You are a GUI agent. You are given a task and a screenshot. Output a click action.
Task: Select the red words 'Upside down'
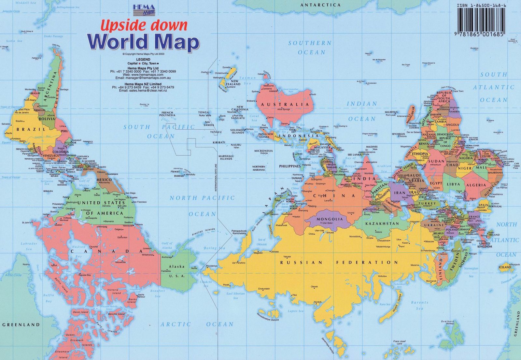(x=144, y=25)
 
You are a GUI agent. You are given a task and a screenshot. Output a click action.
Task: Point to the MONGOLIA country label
(x=330, y=219)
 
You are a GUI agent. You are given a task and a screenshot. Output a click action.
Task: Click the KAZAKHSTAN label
(x=382, y=224)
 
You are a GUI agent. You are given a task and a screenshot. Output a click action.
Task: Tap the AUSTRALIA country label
(x=284, y=105)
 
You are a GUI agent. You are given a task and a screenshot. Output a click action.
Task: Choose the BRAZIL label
(x=31, y=129)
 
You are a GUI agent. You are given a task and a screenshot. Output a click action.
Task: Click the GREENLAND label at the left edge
(x=21, y=325)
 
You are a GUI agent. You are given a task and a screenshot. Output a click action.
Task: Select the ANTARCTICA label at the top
(x=320, y=5)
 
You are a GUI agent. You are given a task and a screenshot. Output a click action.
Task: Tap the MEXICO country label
(x=104, y=180)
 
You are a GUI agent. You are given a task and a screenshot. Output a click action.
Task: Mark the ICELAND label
(x=505, y=267)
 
